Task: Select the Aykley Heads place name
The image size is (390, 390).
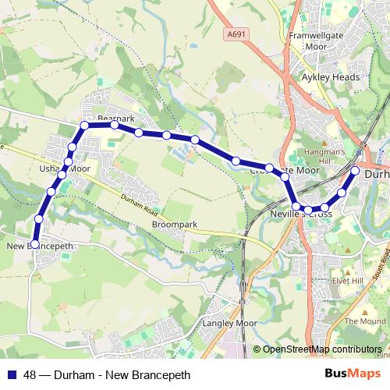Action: [331, 78]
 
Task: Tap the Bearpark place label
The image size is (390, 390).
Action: [111, 119]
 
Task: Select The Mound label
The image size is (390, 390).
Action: [365, 321]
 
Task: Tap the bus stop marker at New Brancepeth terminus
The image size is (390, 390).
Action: [34, 244]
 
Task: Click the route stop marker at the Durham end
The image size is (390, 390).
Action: [355, 170]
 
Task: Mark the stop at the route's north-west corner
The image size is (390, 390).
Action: [83, 125]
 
